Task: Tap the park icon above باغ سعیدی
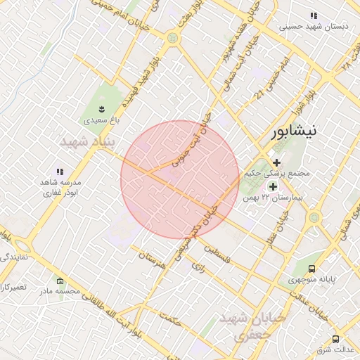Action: (x=103, y=109)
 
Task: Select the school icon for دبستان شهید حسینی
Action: (x=314, y=15)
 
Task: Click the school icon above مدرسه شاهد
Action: (x=60, y=171)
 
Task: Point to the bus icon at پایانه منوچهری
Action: (x=311, y=269)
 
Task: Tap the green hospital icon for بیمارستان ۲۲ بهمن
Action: (x=272, y=186)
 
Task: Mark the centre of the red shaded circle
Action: (x=180, y=179)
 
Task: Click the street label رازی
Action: (x=198, y=266)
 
